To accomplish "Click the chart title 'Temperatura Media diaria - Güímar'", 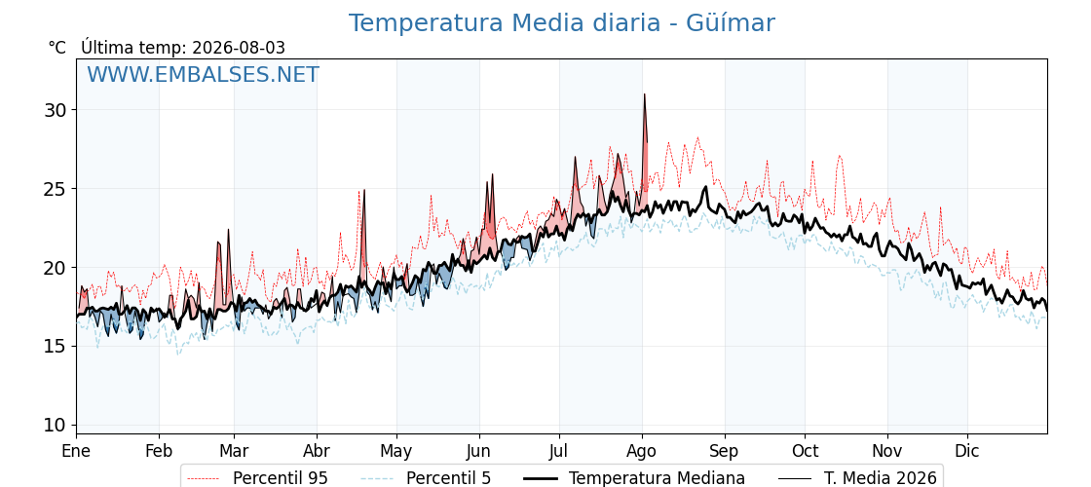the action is point(561,23).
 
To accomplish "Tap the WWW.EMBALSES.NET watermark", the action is point(204,74).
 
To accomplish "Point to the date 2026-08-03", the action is point(239,48).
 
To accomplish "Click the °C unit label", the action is point(57,48).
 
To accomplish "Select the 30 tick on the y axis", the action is point(55,110).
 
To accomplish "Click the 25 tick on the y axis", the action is point(55,189).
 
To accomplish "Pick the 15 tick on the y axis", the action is point(55,347).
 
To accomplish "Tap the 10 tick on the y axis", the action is point(55,425).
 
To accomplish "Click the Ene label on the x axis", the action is point(77,452).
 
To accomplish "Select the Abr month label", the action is point(317,452).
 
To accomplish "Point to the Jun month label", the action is point(478,452).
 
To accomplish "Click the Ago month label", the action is point(642,452).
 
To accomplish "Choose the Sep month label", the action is point(725,452).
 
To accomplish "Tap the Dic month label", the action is point(967,452).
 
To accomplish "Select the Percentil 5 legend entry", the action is point(426,478).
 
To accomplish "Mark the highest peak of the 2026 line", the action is point(644,94).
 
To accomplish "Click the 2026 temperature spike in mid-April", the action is point(364,190).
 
